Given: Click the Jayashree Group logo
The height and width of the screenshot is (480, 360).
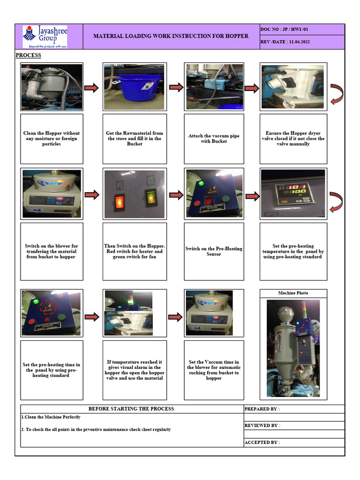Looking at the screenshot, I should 45,37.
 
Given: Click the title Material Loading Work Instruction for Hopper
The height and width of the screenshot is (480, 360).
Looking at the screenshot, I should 171,36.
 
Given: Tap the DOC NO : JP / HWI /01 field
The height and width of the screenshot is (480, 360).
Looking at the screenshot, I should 285,30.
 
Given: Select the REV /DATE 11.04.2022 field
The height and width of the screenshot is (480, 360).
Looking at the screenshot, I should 285,42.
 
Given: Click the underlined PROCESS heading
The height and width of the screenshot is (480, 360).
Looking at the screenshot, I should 28,55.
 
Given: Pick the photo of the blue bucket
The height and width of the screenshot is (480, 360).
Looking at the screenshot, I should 135,87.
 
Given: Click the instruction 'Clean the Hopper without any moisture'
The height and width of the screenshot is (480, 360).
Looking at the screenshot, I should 52,139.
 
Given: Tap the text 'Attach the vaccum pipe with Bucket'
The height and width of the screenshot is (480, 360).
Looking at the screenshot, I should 214,138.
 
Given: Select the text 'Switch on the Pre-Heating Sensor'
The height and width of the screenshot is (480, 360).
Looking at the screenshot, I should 214,251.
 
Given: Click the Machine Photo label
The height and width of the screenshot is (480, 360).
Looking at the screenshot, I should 293,293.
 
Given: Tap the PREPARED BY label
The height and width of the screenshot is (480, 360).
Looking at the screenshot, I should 262,409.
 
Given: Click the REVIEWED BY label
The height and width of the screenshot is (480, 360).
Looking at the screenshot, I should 262,426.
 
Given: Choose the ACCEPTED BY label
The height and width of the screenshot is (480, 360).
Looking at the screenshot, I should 262,442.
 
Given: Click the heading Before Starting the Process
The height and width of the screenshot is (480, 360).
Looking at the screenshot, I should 131,409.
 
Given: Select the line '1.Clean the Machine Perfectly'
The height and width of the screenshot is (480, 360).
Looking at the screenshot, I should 51,417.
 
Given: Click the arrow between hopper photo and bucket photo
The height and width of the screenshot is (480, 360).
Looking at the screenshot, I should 92,88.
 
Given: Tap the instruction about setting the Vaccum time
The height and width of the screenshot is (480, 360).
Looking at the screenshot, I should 214,370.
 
